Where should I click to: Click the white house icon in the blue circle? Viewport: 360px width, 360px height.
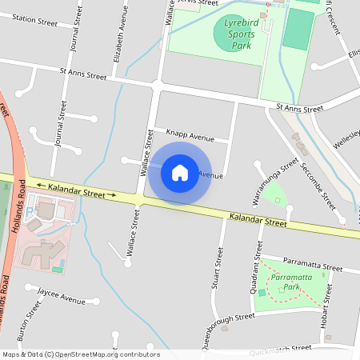click(x=180, y=172)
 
